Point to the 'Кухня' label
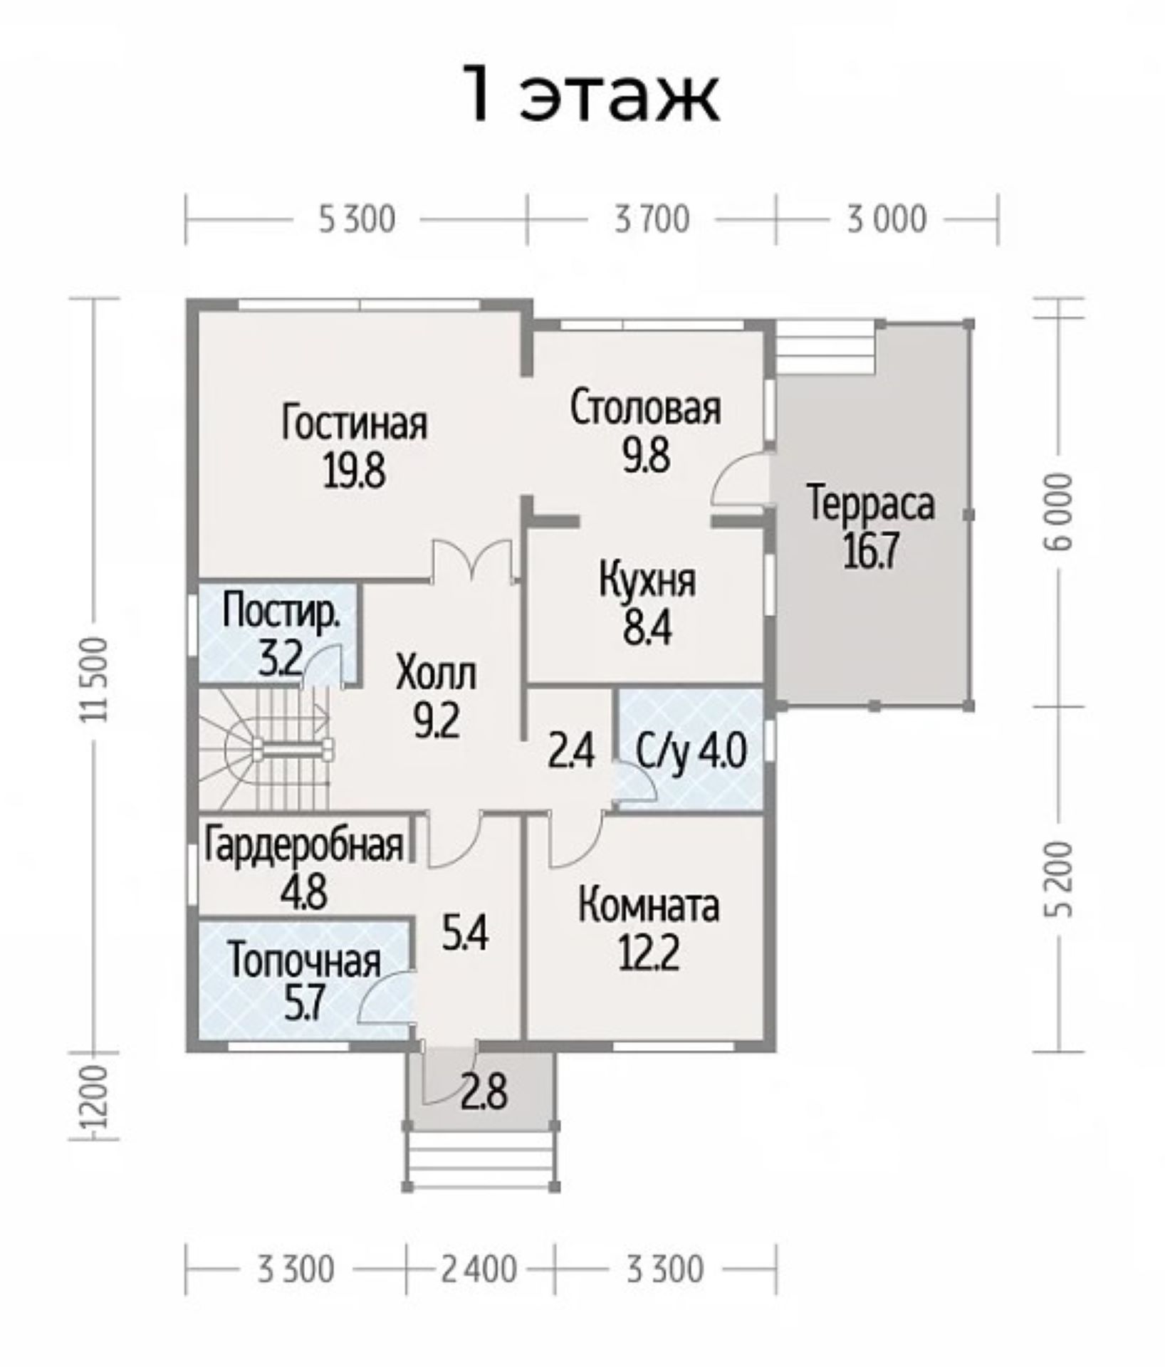pos(647,581)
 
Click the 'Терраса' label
pos(870,504)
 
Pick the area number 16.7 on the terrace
pos(870,550)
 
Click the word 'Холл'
pos(436,674)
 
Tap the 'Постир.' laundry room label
pos(281,613)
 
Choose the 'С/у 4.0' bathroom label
pos(691,752)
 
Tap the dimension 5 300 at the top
pos(356,219)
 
